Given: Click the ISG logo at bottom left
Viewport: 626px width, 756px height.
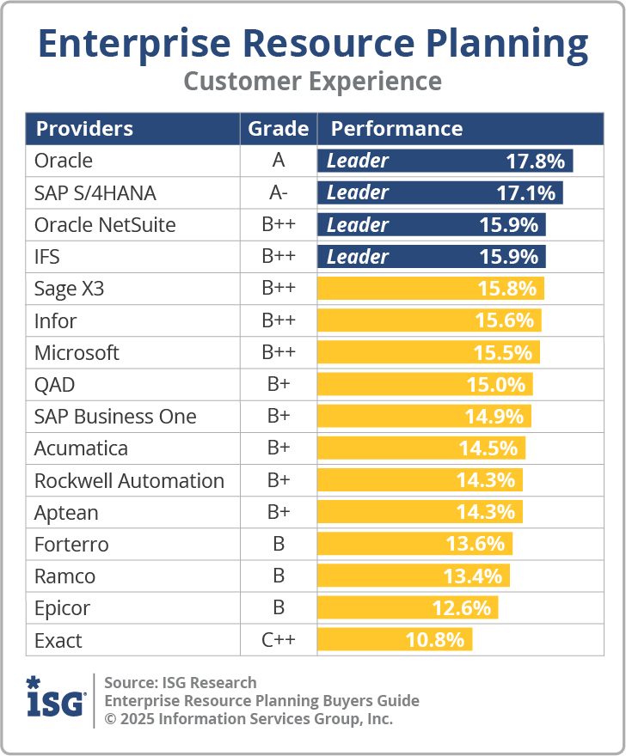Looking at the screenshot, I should (x=56, y=699).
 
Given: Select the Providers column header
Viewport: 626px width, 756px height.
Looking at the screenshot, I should (x=84, y=129).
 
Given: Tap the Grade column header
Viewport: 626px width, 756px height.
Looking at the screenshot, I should (x=278, y=129).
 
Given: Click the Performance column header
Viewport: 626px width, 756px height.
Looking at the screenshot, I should (x=396, y=129).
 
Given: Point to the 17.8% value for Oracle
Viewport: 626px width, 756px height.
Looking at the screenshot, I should (x=535, y=161).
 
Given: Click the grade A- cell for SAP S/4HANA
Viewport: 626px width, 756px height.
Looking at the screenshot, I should (x=278, y=193).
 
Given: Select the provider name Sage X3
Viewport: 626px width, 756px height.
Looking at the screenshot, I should (x=69, y=289).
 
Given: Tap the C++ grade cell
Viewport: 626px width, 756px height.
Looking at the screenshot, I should (x=278, y=640).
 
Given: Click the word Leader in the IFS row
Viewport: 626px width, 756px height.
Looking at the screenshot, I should (x=358, y=257).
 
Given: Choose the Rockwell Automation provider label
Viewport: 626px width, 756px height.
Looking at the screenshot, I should (x=129, y=481).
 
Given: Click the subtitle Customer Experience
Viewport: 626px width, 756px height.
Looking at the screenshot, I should (x=313, y=82).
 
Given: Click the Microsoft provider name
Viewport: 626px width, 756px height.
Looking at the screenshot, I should (x=77, y=353).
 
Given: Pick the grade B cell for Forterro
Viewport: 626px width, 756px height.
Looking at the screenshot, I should (x=278, y=545).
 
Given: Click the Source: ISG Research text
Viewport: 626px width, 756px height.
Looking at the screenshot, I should (x=181, y=683).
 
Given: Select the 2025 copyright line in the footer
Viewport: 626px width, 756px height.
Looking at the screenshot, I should (x=249, y=719).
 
